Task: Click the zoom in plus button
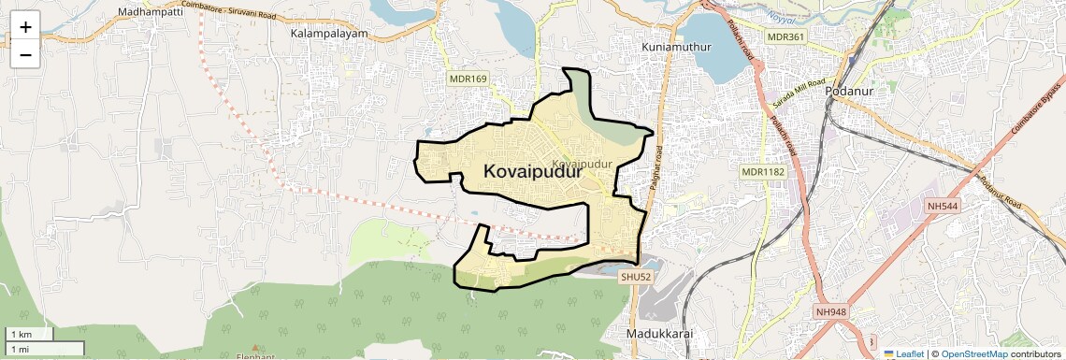(x=25, y=27)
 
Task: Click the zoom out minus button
(x=25, y=54)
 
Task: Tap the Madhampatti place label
(x=150, y=12)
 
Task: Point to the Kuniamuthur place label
(x=678, y=46)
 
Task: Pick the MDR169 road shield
(x=468, y=79)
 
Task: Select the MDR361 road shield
(x=785, y=36)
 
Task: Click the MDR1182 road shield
(x=762, y=172)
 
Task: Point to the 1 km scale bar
(x=30, y=334)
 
